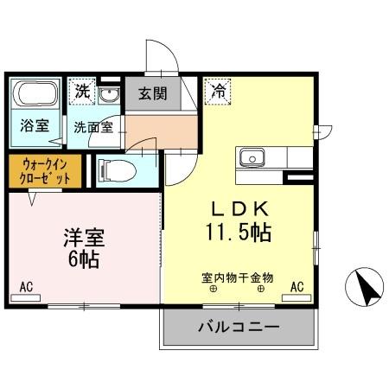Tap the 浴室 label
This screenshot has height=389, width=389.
click(x=35, y=125)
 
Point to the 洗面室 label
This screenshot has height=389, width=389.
click(x=92, y=126)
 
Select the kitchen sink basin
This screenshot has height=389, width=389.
click(x=253, y=157)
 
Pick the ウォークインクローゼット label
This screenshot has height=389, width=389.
click(x=43, y=170)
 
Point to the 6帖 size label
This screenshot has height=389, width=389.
click(x=85, y=258)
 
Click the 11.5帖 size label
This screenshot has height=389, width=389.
click(x=239, y=233)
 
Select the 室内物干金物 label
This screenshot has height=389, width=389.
click(x=237, y=277)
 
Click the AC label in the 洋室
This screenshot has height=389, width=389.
click(x=26, y=286)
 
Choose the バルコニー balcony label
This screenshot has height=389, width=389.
click(x=238, y=328)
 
